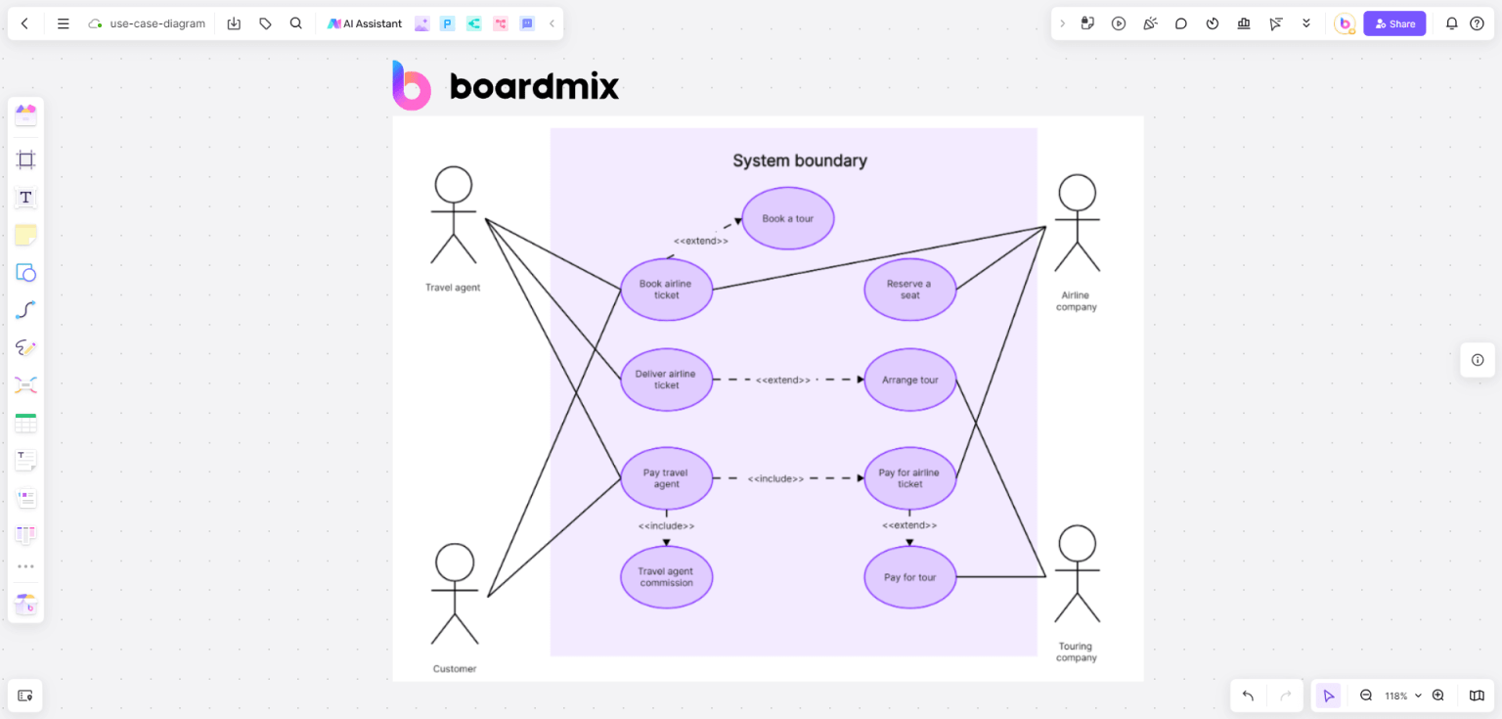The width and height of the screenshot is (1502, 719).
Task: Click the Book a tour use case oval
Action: point(787,218)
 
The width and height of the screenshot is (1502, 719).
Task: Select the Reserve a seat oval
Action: point(909,290)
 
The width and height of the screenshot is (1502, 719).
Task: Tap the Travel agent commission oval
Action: point(666,577)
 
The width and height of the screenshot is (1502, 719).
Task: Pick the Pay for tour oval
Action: point(909,577)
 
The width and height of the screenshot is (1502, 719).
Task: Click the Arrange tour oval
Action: point(909,380)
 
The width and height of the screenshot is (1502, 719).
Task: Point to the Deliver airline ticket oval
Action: point(666,380)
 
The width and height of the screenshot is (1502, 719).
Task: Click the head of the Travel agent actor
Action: point(454,185)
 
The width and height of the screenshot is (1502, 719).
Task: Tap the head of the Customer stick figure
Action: point(455,562)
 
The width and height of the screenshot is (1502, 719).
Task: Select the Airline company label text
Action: point(1076,301)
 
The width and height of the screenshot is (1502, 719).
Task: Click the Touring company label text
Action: point(1076,652)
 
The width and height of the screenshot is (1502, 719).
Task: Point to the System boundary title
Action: point(800,160)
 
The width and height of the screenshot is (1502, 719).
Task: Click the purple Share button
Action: point(1394,23)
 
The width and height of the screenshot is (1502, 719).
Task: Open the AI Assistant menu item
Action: point(365,23)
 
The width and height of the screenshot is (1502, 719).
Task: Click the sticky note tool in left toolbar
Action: point(26,235)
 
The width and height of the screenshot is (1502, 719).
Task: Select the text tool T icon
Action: point(26,198)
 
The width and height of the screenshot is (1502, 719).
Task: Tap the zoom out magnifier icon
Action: point(1366,696)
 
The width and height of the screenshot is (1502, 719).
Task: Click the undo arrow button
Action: point(1248,696)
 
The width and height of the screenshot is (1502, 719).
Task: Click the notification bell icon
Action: point(1452,23)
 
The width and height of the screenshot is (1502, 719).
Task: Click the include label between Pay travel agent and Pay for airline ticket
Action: point(775,479)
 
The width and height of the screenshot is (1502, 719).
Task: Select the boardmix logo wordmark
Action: point(534,87)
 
